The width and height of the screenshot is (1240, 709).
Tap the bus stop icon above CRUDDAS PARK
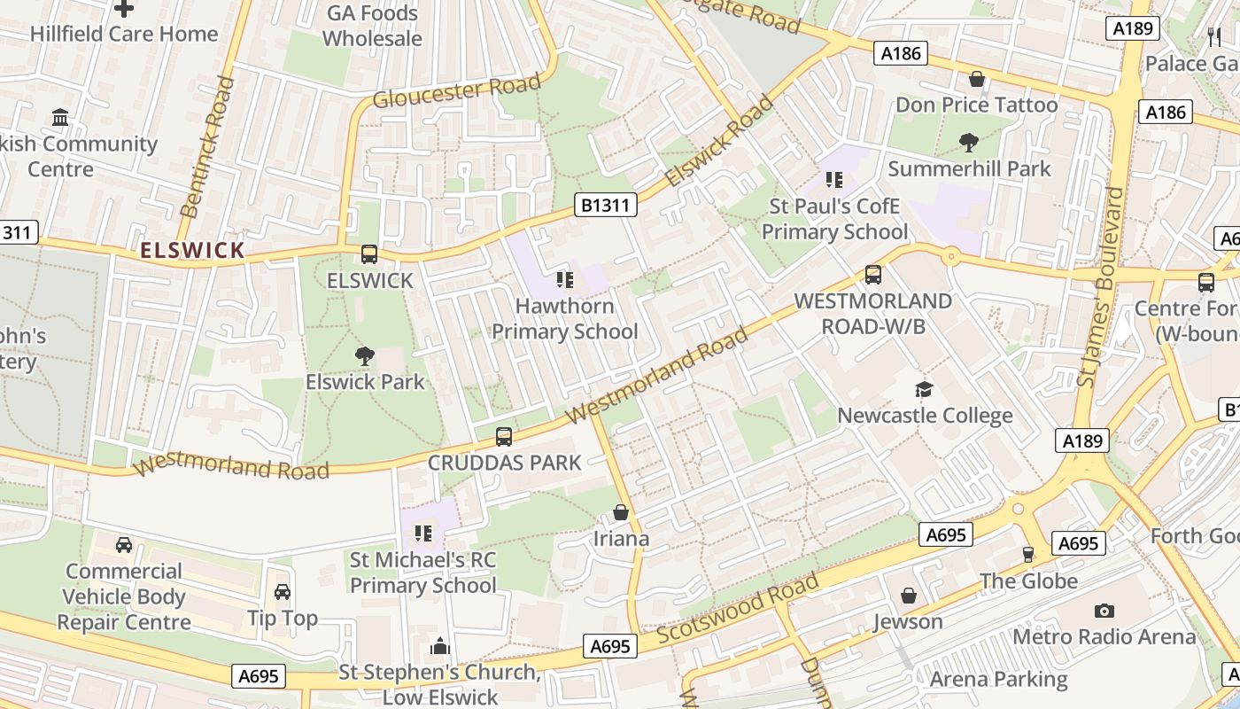click(503, 436)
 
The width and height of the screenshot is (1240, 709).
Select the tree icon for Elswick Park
click(364, 356)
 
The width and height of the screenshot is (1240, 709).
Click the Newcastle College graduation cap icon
click(924, 390)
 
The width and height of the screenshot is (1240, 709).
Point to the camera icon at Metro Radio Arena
click(1104, 611)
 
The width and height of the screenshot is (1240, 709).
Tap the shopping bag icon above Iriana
click(621, 513)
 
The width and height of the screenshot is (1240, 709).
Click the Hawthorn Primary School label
click(564, 319)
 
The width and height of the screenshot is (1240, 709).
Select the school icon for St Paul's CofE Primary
click(833, 181)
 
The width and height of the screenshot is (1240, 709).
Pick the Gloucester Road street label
click(456, 90)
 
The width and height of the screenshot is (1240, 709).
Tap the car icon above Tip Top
click(283, 592)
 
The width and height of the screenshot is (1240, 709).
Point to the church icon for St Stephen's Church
click(440, 646)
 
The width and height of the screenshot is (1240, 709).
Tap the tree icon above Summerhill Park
click(969, 142)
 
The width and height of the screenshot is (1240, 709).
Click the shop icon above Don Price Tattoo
click(977, 79)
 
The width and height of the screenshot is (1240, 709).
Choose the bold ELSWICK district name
click(192, 251)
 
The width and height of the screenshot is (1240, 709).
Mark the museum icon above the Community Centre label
click(60, 118)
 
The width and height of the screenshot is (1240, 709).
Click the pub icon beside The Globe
click(1027, 555)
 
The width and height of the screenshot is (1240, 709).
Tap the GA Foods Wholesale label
click(372, 26)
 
